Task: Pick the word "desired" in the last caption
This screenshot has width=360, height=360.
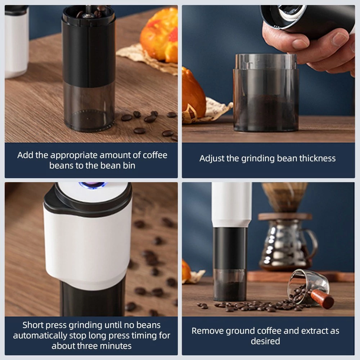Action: pos(265,341)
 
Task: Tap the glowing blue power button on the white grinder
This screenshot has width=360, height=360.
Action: pos(93,185)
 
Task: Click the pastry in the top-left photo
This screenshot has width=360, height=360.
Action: pos(159,35)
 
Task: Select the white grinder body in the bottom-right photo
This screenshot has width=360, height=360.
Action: pos(231,204)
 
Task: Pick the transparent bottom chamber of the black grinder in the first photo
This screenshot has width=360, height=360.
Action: pos(89,107)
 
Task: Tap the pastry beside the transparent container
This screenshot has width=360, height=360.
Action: pos(193,94)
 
